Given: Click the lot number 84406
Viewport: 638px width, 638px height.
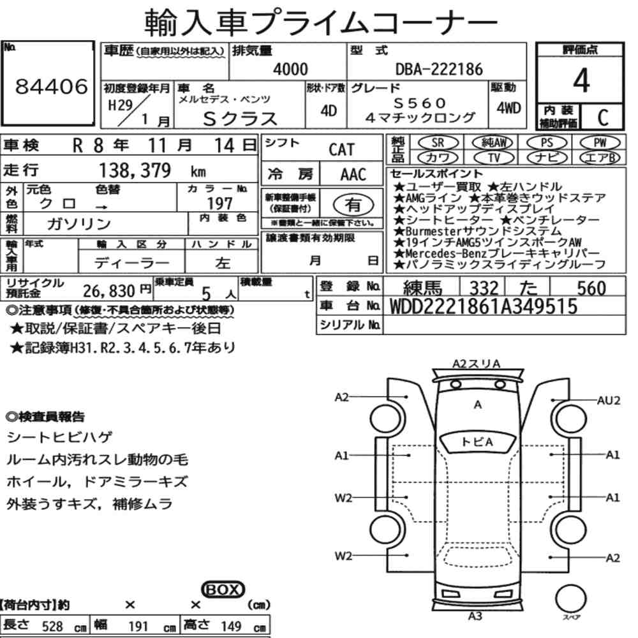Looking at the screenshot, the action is (x=52, y=86).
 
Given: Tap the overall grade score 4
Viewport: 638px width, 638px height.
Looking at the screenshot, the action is (x=581, y=80).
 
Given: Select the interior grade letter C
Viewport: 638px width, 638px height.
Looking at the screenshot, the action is (x=603, y=117).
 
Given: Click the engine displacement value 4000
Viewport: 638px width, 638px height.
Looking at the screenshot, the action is (x=290, y=69).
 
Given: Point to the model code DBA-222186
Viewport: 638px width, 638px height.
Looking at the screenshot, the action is (x=439, y=69).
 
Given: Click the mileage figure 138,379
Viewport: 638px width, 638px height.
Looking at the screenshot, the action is (x=135, y=170).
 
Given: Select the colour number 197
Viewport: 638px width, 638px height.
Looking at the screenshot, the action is (x=219, y=203).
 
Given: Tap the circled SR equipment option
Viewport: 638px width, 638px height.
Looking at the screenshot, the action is (x=438, y=143).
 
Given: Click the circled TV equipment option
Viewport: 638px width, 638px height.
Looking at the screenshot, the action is (x=493, y=158).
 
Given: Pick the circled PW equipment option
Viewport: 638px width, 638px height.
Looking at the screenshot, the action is (x=600, y=143).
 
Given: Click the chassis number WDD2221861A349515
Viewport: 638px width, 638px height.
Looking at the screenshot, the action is (x=484, y=306).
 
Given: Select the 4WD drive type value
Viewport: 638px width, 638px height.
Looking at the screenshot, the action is (x=508, y=108).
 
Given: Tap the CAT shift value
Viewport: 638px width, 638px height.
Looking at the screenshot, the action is (x=341, y=150).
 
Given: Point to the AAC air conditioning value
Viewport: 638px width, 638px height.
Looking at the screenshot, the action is (x=353, y=174).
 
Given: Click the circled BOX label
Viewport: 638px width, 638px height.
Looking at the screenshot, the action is (x=223, y=590).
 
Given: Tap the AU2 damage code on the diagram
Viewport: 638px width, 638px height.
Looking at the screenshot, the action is (x=609, y=401).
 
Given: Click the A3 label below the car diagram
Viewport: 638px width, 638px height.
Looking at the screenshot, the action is (x=475, y=616).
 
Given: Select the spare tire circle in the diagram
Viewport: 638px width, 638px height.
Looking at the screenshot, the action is (x=570, y=599).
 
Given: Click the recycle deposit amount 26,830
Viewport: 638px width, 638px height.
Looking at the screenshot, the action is (x=108, y=290).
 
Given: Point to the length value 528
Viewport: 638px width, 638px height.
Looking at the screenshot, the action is (x=52, y=626).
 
